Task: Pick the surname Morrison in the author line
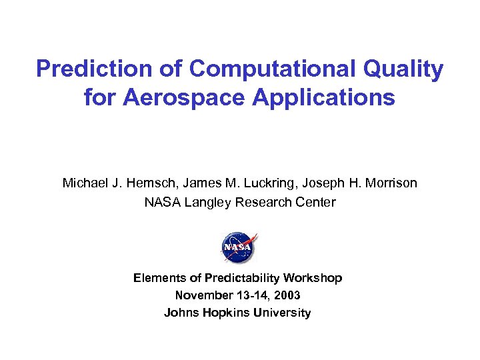(390, 183)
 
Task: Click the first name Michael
(84, 183)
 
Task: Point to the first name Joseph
(329, 183)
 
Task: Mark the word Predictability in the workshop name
(243, 278)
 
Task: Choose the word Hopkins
(224, 313)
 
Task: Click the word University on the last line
(283, 313)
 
